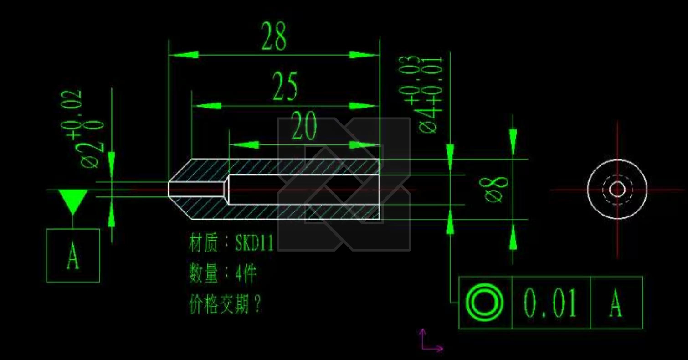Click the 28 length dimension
coord(274,36)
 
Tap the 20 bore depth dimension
coord(304,128)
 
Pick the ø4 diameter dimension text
coord(428,119)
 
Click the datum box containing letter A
coord(73,255)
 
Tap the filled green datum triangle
coord(73,201)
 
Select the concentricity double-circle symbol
coord(484,303)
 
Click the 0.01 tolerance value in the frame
coord(550,303)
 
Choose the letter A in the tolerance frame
coord(616,303)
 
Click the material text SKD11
coord(254,243)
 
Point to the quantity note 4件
coord(246,274)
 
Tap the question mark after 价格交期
coord(257,304)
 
